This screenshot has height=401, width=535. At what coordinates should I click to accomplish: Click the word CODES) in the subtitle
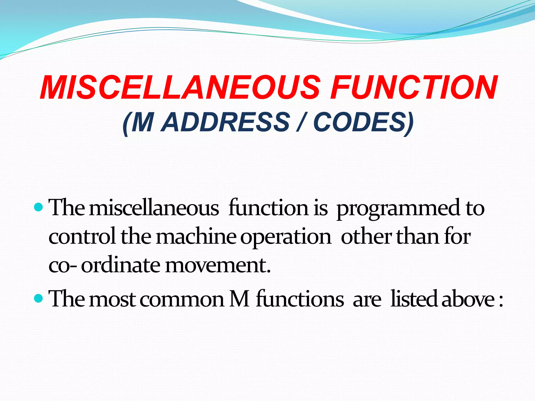point(363,122)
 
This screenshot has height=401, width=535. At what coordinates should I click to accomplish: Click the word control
point(82,237)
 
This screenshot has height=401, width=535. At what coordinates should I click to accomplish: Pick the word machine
point(196,237)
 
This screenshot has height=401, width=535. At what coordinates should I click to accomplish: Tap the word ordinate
point(120,265)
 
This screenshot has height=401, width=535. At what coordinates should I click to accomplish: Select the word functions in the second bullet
point(300,299)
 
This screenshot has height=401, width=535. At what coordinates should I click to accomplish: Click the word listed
point(414,299)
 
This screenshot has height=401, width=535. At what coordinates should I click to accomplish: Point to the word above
point(468,299)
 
